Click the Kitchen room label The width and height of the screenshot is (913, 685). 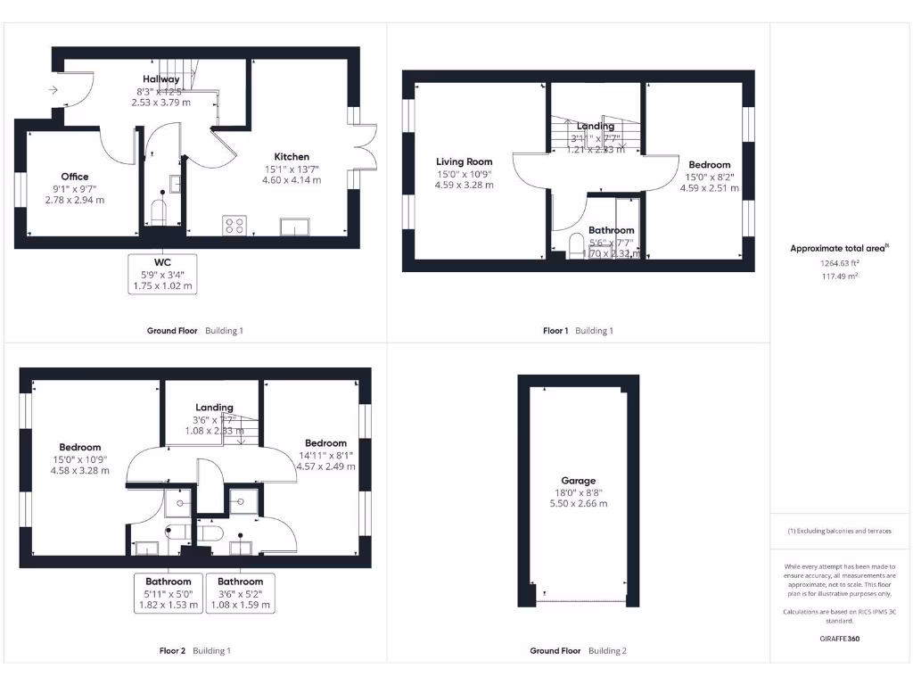(x=292, y=156)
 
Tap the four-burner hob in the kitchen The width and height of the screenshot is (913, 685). (x=234, y=227)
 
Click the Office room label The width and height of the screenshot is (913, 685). (x=75, y=177)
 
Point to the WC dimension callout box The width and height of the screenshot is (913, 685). (x=162, y=274)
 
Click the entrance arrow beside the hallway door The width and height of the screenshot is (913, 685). (x=53, y=89)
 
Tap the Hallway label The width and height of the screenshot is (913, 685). (x=161, y=79)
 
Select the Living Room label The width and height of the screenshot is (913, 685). (x=464, y=161)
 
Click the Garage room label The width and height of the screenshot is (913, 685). (x=578, y=481)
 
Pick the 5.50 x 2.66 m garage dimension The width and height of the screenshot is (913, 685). (x=578, y=503)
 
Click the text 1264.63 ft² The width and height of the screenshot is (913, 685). (x=841, y=263)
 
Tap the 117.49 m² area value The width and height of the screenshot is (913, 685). (x=841, y=276)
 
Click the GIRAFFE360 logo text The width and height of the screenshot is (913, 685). (x=841, y=639)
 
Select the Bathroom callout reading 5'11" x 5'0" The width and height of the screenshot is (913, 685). (x=169, y=593)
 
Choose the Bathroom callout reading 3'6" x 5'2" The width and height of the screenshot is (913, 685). (x=241, y=593)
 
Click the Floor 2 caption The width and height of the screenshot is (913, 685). (x=172, y=651)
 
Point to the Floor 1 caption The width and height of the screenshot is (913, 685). (x=555, y=331)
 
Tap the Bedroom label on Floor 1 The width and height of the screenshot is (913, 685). (x=709, y=164)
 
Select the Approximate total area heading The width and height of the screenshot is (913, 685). (x=838, y=249)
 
